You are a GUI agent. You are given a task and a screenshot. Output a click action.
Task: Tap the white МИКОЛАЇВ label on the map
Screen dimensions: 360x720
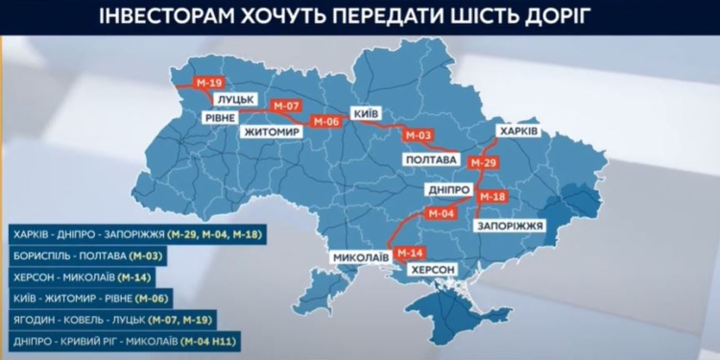point(361,258)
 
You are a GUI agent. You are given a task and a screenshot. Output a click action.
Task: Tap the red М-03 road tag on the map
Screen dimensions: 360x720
point(419,135)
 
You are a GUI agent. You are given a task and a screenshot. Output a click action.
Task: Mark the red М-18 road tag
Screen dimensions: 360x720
point(492,197)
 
